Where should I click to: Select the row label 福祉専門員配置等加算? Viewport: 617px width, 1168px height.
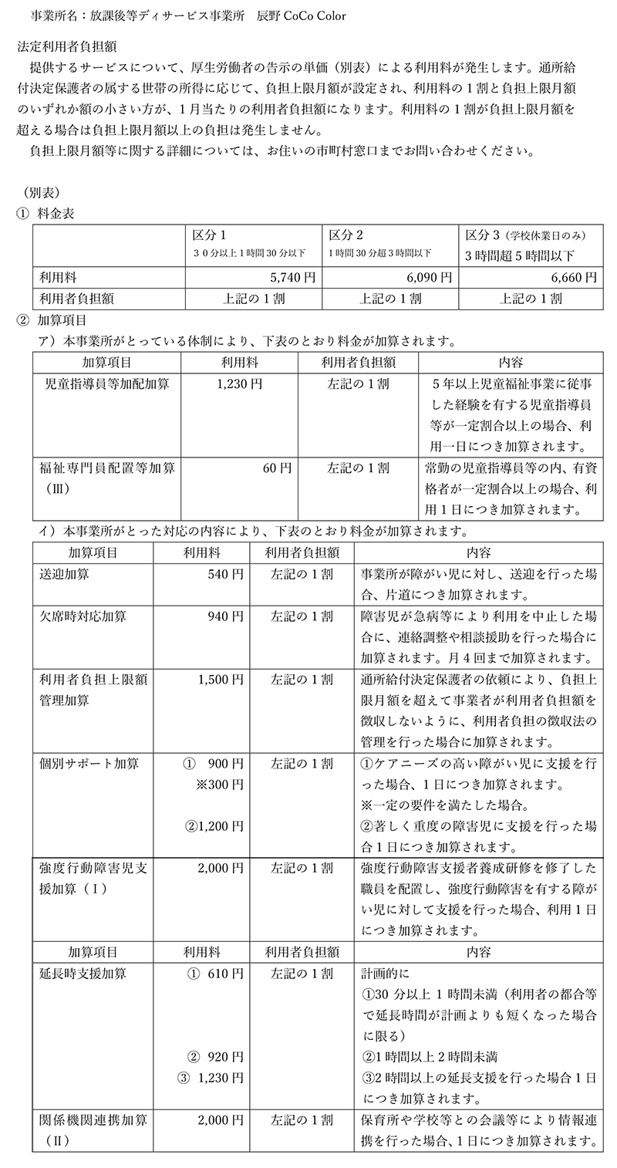click(x=101, y=468)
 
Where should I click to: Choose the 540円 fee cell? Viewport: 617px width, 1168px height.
click(x=225, y=574)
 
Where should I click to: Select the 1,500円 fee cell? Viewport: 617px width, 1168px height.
click(x=221, y=680)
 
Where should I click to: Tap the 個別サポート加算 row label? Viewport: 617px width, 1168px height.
click(x=89, y=764)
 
